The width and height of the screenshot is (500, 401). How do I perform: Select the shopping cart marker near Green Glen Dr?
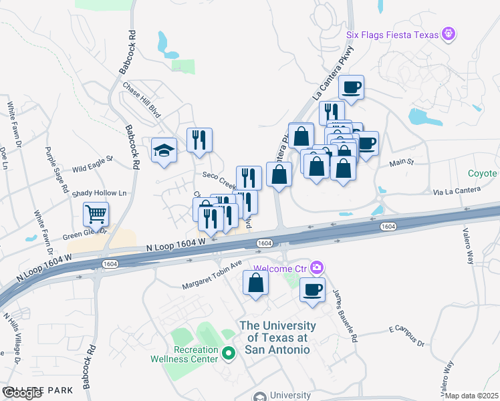pyautogui.click(x=96, y=215)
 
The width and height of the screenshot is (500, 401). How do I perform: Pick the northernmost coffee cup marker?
pyautogui.click(x=352, y=87)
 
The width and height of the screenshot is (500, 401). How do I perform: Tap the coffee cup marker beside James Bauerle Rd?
pyautogui.click(x=312, y=289)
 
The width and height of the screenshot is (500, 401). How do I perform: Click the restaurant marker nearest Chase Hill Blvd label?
pyautogui.click(x=199, y=140)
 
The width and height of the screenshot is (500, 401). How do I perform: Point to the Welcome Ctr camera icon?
pyautogui.click(x=317, y=268)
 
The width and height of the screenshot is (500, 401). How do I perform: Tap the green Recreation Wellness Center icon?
pyautogui.click(x=229, y=354)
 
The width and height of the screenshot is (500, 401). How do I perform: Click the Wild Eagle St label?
pyautogui.click(x=93, y=164)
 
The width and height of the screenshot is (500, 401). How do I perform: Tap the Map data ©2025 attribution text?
pyautogui.click(x=471, y=396)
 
